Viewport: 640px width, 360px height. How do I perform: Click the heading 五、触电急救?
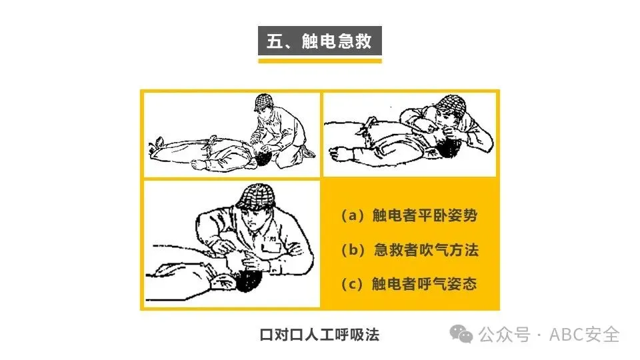319,41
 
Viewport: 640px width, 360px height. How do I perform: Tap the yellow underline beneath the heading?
319,61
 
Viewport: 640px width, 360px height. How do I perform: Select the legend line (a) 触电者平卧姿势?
409,215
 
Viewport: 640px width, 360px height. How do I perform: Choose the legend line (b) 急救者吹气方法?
409,249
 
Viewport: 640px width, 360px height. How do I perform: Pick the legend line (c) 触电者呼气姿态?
409,284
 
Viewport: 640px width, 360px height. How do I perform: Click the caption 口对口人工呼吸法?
319,335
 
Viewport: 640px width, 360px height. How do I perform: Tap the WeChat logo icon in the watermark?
461,335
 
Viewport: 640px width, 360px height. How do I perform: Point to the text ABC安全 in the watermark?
585,335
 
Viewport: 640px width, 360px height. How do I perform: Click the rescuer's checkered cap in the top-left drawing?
265,101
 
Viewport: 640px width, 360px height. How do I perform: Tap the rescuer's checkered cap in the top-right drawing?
451,104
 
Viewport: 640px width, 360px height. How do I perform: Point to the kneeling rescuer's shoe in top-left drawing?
308,152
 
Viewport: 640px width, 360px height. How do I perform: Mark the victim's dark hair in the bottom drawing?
248,280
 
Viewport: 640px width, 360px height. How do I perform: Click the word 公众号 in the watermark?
505,335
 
